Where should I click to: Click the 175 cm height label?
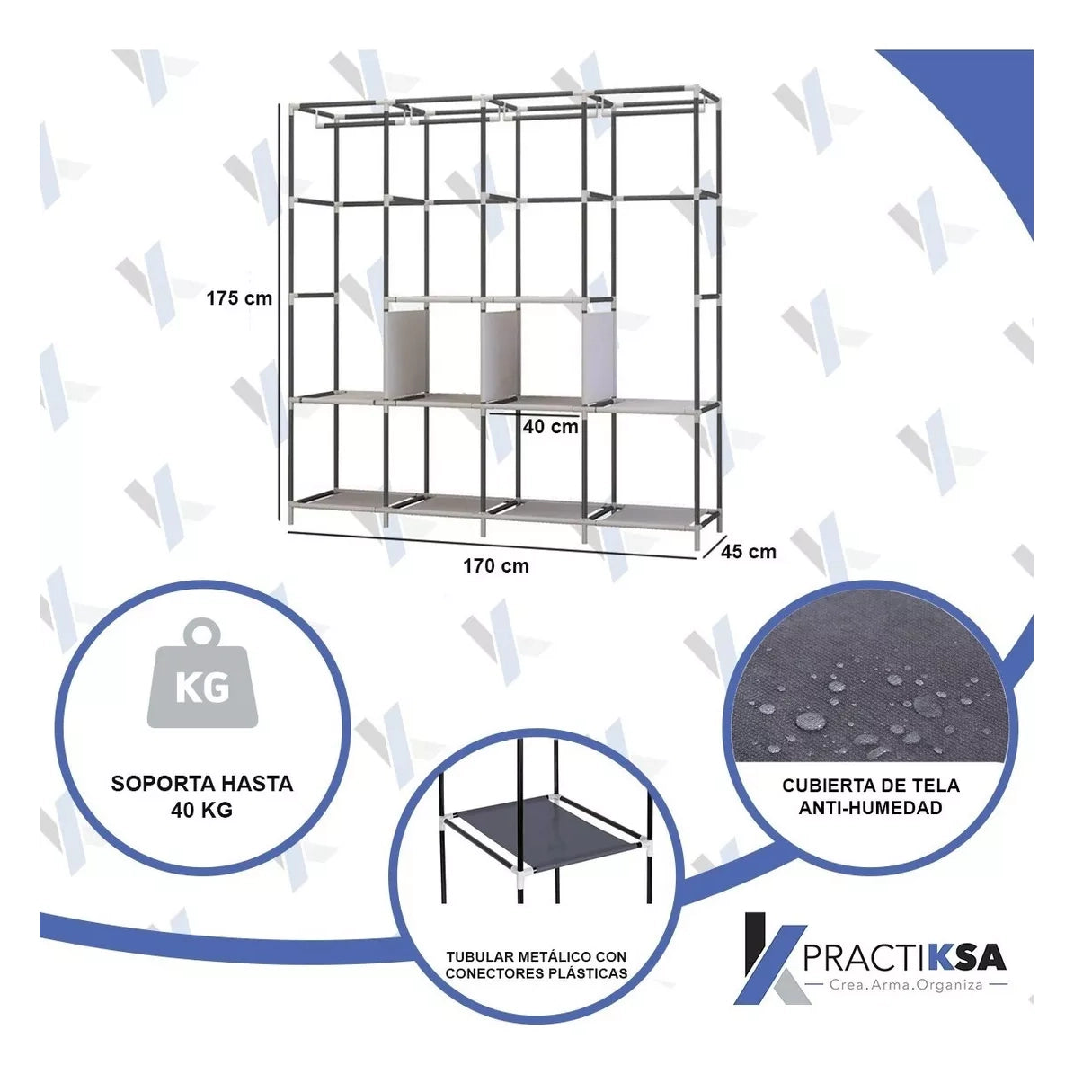[239, 298]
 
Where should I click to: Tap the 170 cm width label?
[496, 566]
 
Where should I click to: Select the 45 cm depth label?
[749, 552]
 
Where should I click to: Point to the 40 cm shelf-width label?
[551, 427]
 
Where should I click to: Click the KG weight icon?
[203, 673]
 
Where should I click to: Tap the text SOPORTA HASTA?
[202, 784]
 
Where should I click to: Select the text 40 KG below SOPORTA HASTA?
[202, 811]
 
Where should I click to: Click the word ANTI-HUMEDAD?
[871, 808]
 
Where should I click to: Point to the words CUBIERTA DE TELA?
[871, 786]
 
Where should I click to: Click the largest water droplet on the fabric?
[811, 720]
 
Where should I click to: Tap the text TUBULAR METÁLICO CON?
[537, 957]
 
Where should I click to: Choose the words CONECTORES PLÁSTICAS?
[537, 973]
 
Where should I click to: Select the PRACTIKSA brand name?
[904, 958]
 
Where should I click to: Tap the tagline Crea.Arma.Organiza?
[906, 985]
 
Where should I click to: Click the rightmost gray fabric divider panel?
[599, 355]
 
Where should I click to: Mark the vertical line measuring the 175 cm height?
[280, 312]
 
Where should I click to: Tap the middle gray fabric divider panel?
[501, 355]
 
